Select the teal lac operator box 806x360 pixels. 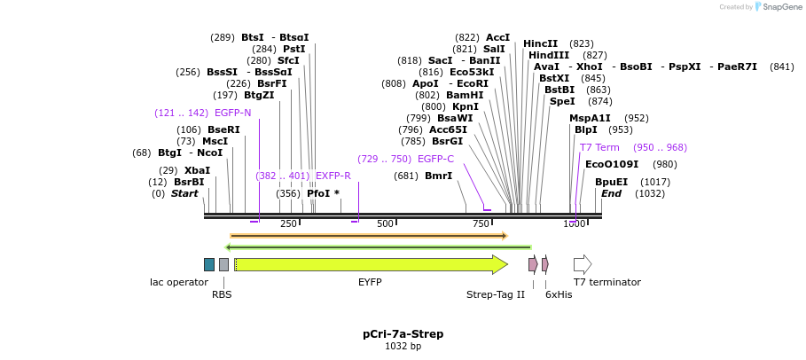coord(209,264)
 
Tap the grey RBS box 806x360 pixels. coord(223,264)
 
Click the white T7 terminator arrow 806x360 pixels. coord(582,264)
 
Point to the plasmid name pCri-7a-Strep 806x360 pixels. coord(403,334)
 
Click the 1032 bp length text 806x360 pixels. coord(403,346)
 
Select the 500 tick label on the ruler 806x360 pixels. coord(385,223)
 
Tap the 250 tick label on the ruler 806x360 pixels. coord(288,223)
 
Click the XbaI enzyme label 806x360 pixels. coord(197,170)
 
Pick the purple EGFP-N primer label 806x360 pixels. coord(232,113)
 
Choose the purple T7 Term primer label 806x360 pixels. coord(599,147)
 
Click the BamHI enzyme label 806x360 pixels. coord(465,95)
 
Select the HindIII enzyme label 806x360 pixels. coord(549,55)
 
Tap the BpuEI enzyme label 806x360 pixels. coord(611,182)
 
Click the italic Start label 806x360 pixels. coord(184,193)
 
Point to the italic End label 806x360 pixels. coord(611,193)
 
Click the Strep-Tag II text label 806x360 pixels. coord(496,294)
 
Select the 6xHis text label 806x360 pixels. coord(559,294)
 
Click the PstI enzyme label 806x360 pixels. coord(293,49)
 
